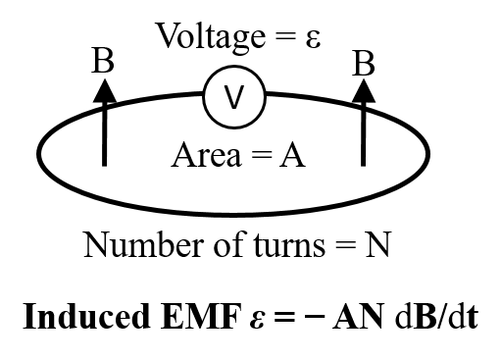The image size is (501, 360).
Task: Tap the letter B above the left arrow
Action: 103,62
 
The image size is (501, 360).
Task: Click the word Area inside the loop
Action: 204,154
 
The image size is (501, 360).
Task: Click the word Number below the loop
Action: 132,242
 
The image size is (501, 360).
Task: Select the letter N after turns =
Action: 377,242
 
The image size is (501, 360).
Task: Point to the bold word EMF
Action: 178,318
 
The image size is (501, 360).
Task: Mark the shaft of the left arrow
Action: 104,137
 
